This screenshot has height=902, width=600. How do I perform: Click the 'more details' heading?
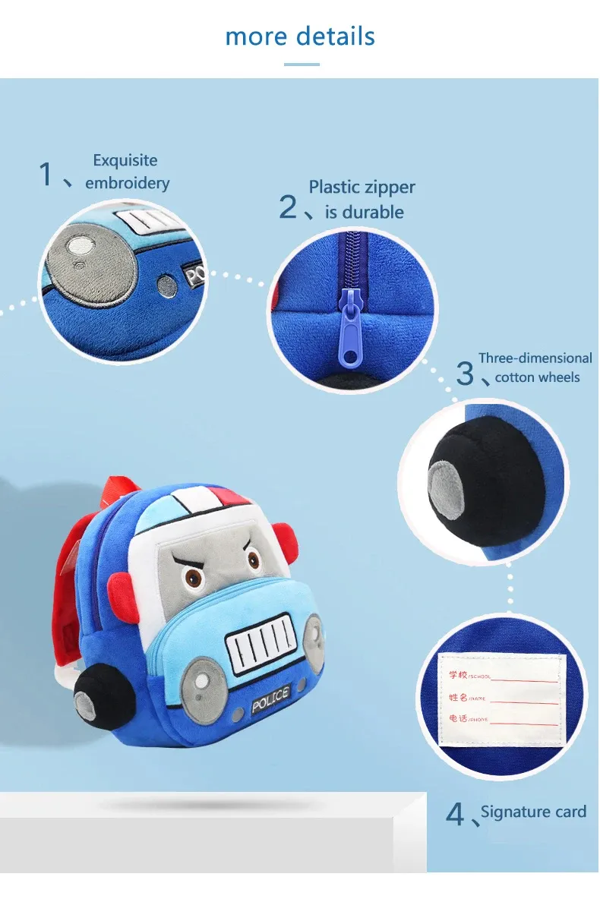(x=300, y=36)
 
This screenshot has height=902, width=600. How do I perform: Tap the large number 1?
(x=46, y=175)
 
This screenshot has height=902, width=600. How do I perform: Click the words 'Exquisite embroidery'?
(x=126, y=172)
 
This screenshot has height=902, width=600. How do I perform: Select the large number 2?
(x=288, y=207)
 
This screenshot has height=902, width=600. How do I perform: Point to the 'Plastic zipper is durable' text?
(x=362, y=199)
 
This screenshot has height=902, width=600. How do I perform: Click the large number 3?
(x=465, y=374)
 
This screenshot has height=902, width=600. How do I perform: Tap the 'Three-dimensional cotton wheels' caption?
(x=535, y=367)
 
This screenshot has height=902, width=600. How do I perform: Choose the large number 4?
(x=454, y=815)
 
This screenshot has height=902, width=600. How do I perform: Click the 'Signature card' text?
(x=533, y=812)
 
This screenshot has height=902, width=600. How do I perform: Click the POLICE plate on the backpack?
(x=270, y=696)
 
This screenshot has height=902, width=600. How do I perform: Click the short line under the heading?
(x=302, y=65)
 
